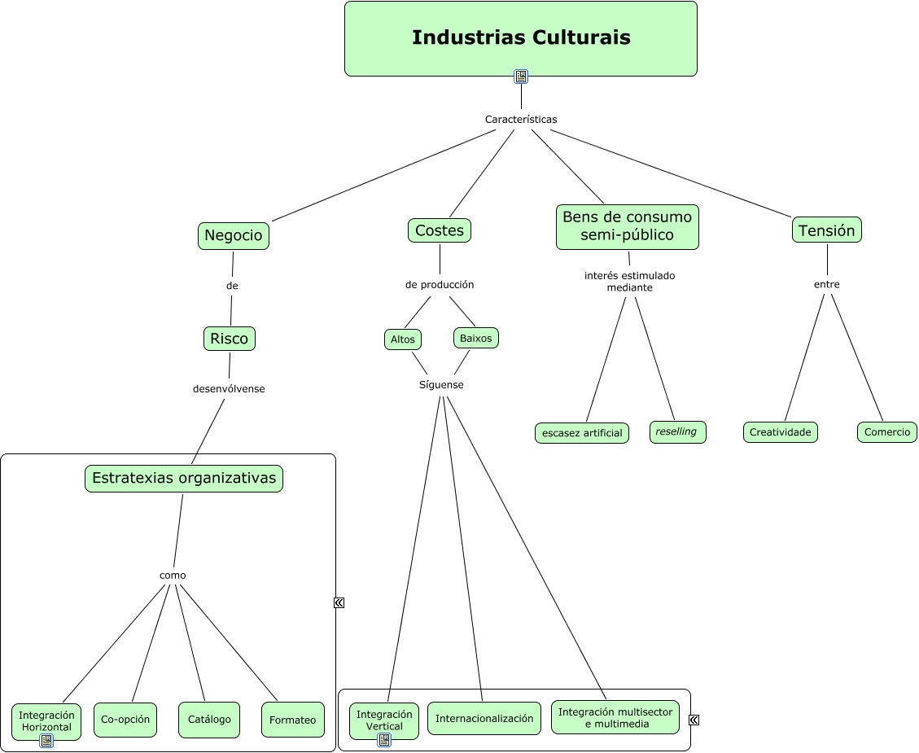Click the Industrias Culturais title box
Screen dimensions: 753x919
[x=521, y=38]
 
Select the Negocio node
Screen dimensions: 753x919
[x=234, y=236]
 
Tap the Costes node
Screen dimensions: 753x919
[x=440, y=230]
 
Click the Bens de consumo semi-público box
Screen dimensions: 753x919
[x=628, y=226]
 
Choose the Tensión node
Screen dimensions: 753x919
[x=827, y=230]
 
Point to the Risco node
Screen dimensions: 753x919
[x=230, y=339]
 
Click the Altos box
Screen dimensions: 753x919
[x=403, y=339]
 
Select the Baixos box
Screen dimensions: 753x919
[x=476, y=338]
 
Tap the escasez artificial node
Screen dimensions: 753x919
[x=582, y=433]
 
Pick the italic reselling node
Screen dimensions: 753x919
[x=677, y=432]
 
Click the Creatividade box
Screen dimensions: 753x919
[x=781, y=432]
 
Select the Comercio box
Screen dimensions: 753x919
[x=887, y=432]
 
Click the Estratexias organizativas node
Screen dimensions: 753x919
[x=184, y=479]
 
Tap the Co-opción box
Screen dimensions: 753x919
[x=125, y=720]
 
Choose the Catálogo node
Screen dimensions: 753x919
[x=209, y=720]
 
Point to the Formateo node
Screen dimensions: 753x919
[x=293, y=720]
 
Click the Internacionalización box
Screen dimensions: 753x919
[x=484, y=719]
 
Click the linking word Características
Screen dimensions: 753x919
[x=521, y=120]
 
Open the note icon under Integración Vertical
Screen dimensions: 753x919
[x=384, y=740]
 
